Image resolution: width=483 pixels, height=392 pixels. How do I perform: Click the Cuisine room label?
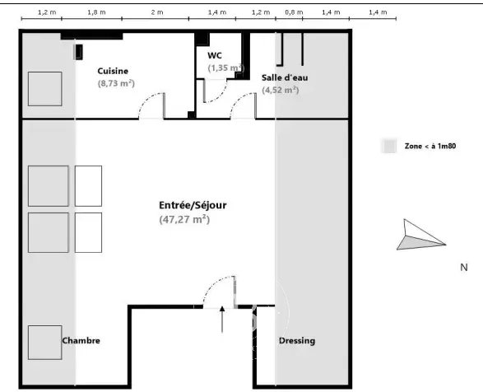(x=113, y=72)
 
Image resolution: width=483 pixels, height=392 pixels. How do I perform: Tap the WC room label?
(x=215, y=55)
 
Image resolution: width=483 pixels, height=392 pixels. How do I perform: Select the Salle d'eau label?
(x=285, y=77)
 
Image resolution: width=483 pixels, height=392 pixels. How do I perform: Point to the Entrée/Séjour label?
(x=193, y=205)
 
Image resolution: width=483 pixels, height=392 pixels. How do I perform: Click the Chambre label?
(x=81, y=340)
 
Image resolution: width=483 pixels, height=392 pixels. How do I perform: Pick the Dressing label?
(x=297, y=341)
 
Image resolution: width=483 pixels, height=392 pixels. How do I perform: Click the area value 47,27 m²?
(x=184, y=219)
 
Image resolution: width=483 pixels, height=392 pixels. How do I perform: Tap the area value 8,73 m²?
(x=116, y=83)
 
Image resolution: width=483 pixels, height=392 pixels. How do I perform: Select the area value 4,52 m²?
(x=281, y=90)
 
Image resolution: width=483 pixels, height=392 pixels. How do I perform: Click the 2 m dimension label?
(x=157, y=12)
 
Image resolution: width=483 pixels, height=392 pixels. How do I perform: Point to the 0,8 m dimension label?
(x=294, y=12)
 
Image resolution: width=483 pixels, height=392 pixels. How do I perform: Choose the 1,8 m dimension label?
(x=96, y=12)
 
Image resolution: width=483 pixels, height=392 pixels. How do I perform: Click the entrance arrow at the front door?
(x=222, y=320)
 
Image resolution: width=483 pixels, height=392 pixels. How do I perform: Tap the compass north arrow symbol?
(x=420, y=235)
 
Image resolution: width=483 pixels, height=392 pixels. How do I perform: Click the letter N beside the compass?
(x=464, y=268)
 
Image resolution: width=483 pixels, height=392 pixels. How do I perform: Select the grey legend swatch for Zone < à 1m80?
(x=388, y=146)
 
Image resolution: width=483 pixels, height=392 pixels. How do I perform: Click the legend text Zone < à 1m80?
(x=430, y=146)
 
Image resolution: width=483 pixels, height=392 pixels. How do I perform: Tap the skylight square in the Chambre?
(x=45, y=343)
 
